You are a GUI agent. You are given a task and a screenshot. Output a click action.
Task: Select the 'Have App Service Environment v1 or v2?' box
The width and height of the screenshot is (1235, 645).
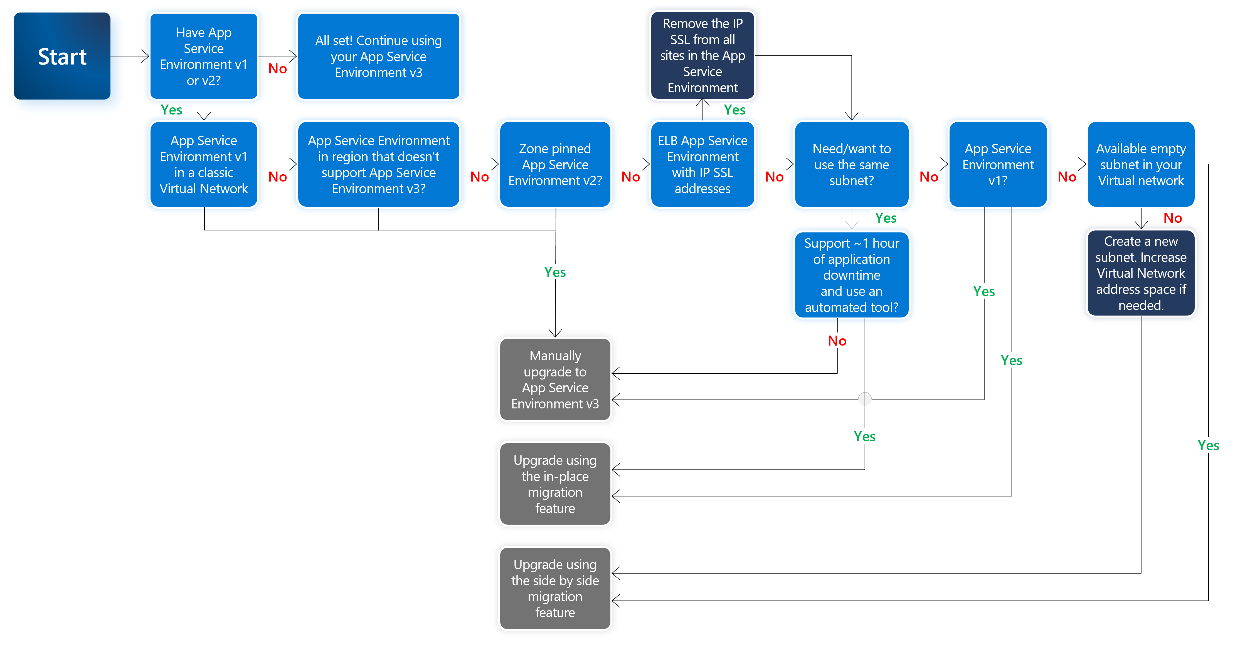204,56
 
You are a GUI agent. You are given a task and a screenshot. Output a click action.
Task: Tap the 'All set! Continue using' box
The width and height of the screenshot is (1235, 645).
378,56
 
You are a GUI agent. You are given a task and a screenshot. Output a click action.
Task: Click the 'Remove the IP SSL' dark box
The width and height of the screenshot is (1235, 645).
702,56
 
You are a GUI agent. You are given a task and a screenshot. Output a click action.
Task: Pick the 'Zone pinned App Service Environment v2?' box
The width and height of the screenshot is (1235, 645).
555,164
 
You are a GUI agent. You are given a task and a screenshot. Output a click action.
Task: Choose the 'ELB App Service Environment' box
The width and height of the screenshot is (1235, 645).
702,164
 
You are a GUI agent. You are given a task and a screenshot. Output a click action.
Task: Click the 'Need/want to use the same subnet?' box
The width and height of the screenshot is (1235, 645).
851,164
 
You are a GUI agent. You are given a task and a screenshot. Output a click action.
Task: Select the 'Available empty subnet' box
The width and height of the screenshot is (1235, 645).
1141,164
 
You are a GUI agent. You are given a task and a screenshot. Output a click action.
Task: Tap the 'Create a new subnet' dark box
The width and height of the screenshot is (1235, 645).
1141,273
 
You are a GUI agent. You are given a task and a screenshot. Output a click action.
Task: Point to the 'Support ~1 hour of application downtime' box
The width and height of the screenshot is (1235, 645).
851,275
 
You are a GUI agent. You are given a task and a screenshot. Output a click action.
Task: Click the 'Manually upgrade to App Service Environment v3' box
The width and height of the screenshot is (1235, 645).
555,379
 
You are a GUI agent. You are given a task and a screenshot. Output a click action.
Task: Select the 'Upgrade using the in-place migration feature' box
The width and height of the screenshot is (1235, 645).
555,484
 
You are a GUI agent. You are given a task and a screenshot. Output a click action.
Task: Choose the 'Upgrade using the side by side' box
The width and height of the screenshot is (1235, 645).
555,589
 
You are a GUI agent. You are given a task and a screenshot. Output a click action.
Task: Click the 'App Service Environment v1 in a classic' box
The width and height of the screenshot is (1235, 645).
204,164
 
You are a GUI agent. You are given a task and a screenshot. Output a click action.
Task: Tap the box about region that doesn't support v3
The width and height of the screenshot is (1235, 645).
378,164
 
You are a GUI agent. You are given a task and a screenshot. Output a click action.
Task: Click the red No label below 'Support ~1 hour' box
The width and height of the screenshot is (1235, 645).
837,341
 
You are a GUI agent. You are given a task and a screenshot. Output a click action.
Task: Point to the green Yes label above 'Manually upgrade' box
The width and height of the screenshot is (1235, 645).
555,272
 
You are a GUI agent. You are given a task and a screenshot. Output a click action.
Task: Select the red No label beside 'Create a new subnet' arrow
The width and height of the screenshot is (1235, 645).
1173,218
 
